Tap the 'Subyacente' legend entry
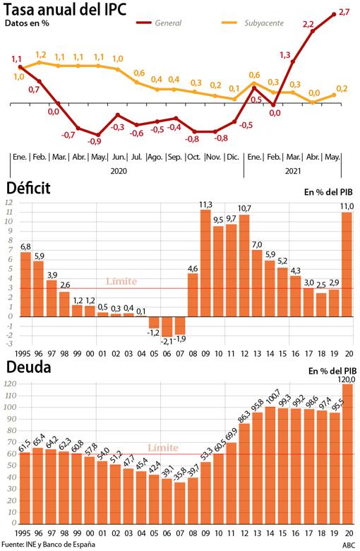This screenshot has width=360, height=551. pyautogui.click(x=262, y=23)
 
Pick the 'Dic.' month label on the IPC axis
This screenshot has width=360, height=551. pyautogui.click(x=232, y=156)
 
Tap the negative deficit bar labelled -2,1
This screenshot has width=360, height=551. pyautogui.click(x=167, y=326)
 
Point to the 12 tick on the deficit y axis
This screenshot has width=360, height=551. pyautogui.click(x=9, y=203)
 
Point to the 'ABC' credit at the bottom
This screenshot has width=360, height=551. pyautogui.click(x=349, y=545)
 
